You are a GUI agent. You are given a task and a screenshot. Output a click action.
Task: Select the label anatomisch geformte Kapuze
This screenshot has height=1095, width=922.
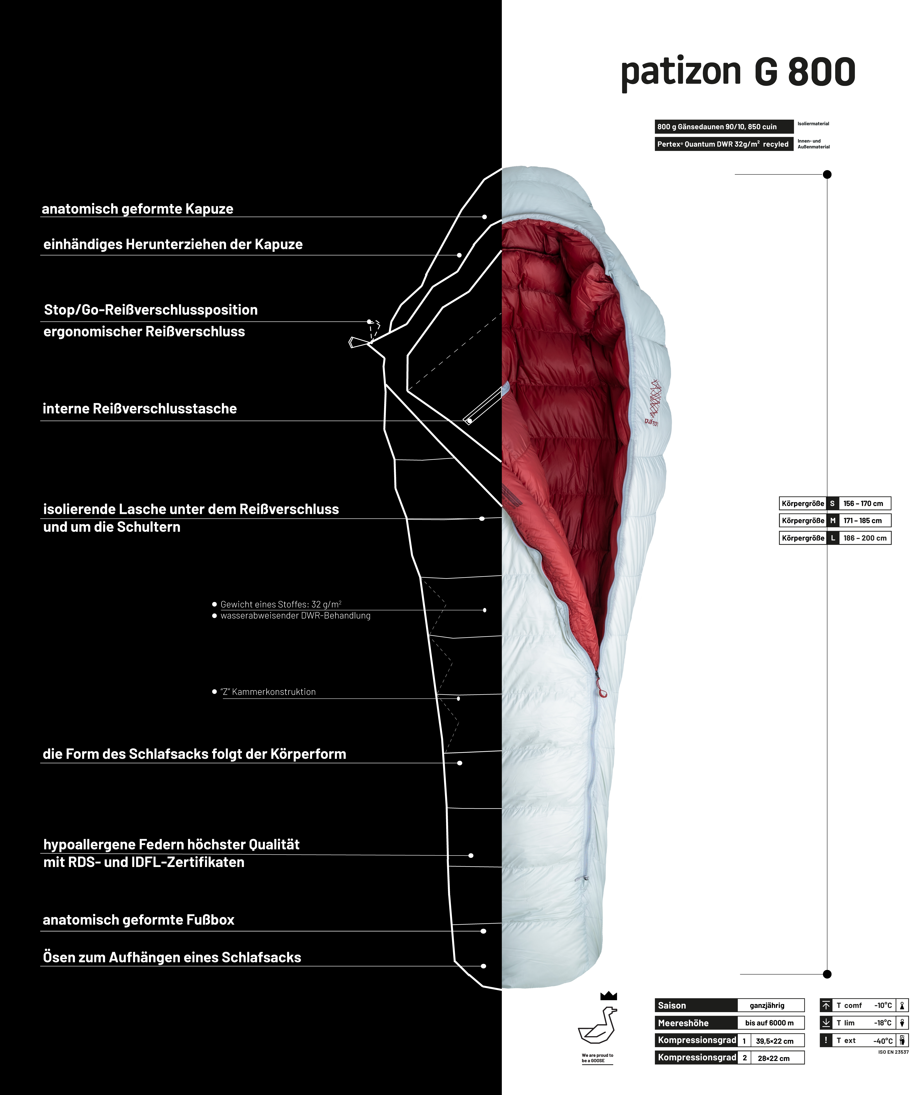[138, 209]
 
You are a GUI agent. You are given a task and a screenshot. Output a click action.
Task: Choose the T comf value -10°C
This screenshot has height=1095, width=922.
[883, 1005]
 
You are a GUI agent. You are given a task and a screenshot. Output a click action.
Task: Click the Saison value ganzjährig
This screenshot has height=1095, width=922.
[767, 1005]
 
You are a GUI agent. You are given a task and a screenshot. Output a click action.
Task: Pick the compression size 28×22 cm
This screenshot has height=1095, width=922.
[774, 1058]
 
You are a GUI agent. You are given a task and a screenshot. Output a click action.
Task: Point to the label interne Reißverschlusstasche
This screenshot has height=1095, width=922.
[140, 409]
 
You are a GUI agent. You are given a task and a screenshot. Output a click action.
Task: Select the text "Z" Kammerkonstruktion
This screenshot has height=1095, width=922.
[268, 692]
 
